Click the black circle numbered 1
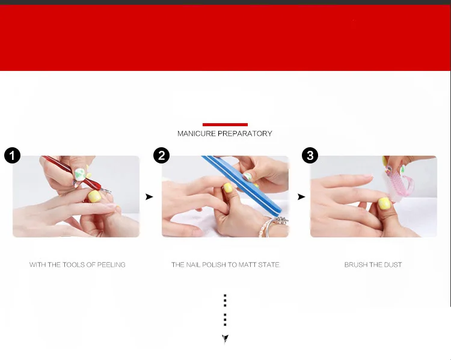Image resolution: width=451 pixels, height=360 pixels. pyautogui.click(x=13, y=155)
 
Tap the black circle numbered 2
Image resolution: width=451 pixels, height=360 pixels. pyautogui.click(x=161, y=155)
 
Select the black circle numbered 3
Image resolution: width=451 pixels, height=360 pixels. pyautogui.click(x=310, y=155)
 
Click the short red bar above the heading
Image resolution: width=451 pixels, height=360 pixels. pyautogui.click(x=225, y=124)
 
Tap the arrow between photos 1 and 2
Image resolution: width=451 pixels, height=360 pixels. pyautogui.click(x=149, y=197)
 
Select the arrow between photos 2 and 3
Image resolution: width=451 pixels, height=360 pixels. pyautogui.click(x=301, y=197)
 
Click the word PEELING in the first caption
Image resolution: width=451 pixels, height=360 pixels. pyautogui.click(x=111, y=264)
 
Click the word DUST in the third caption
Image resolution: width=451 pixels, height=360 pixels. pyautogui.click(x=393, y=264)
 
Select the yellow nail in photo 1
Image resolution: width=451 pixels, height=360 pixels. pyautogui.click(x=94, y=197)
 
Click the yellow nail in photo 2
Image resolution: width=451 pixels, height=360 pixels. pyautogui.click(x=228, y=188)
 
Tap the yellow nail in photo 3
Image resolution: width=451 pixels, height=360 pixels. pyautogui.click(x=384, y=204)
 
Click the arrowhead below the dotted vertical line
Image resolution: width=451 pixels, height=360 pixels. pyautogui.click(x=225, y=338)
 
